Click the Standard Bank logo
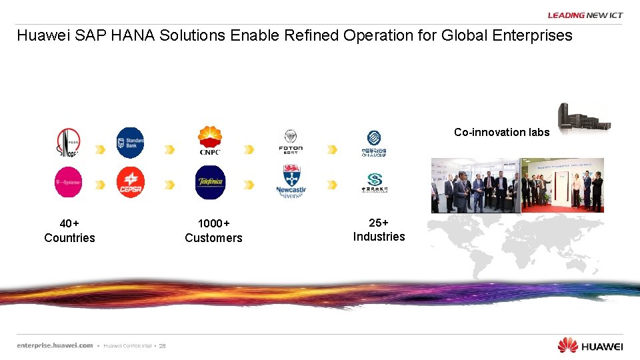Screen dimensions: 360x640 pyautogui.click(x=130, y=142)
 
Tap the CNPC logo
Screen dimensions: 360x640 pyautogui.click(x=210, y=141)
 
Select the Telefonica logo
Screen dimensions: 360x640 pyautogui.click(x=210, y=182)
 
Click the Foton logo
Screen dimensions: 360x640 pyautogui.click(x=290, y=141)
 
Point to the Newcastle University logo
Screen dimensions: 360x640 pyautogui.click(x=290, y=182)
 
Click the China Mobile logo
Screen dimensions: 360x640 pyautogui.click(x=374, y=143)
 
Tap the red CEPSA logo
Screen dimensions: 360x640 pyautogui.click(x=130, y=182)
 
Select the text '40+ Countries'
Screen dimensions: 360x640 pyautogui.click(x=69, y=231)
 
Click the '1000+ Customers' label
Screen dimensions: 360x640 pyautogui.click(x=213, y=231)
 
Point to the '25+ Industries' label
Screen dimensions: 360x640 pyautogui.click(x=379, y=229)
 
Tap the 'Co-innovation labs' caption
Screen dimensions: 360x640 pyautogui.click(x=501, y=132)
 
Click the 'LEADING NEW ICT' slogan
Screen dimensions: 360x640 pyautogui.click(x=585, y=15)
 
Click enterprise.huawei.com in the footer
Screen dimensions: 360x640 pyautogui.click(x=55, y=345)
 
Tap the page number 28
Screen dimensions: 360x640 pyautogui.click(x=162, y=346)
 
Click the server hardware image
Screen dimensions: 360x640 pyautogui.click(x=583, y=118)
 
